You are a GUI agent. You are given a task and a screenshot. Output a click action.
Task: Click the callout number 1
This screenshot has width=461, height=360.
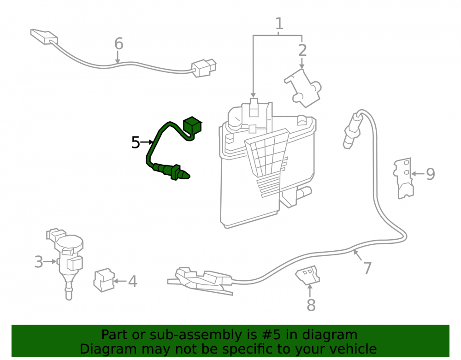click(279, 24)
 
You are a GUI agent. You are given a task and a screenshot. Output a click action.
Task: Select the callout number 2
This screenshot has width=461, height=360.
click(302, 50)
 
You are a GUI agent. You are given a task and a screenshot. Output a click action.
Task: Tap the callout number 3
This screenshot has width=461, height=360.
click(39, 261)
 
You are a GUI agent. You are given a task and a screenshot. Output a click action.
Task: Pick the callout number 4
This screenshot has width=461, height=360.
click(133, 281)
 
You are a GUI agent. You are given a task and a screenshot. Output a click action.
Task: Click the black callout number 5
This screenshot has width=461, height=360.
click(136, 142)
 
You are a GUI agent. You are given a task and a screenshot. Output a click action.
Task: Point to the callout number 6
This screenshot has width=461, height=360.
click(118, 43)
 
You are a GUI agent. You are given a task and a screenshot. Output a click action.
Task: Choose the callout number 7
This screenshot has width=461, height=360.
click(367, 268)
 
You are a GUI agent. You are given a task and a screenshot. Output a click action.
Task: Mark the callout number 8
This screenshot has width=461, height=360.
click(311, 305)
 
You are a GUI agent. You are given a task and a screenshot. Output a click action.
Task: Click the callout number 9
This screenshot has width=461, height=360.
click(431, 174)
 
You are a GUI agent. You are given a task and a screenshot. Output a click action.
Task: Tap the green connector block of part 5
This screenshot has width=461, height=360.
click(192, 125)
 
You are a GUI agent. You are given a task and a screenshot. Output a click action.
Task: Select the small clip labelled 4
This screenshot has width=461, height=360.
click(104, 280)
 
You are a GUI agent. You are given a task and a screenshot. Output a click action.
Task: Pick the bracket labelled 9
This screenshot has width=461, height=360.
click(403, 178)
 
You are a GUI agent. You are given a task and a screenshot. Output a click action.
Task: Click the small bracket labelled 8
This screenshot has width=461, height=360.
click(307, 275)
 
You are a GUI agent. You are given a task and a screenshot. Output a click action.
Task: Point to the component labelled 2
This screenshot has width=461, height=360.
click(303, 88)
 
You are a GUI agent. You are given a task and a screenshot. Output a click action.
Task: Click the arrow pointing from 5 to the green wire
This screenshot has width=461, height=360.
click(147, 142)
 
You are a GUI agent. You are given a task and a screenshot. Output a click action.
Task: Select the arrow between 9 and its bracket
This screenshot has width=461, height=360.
click(418, 174)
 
